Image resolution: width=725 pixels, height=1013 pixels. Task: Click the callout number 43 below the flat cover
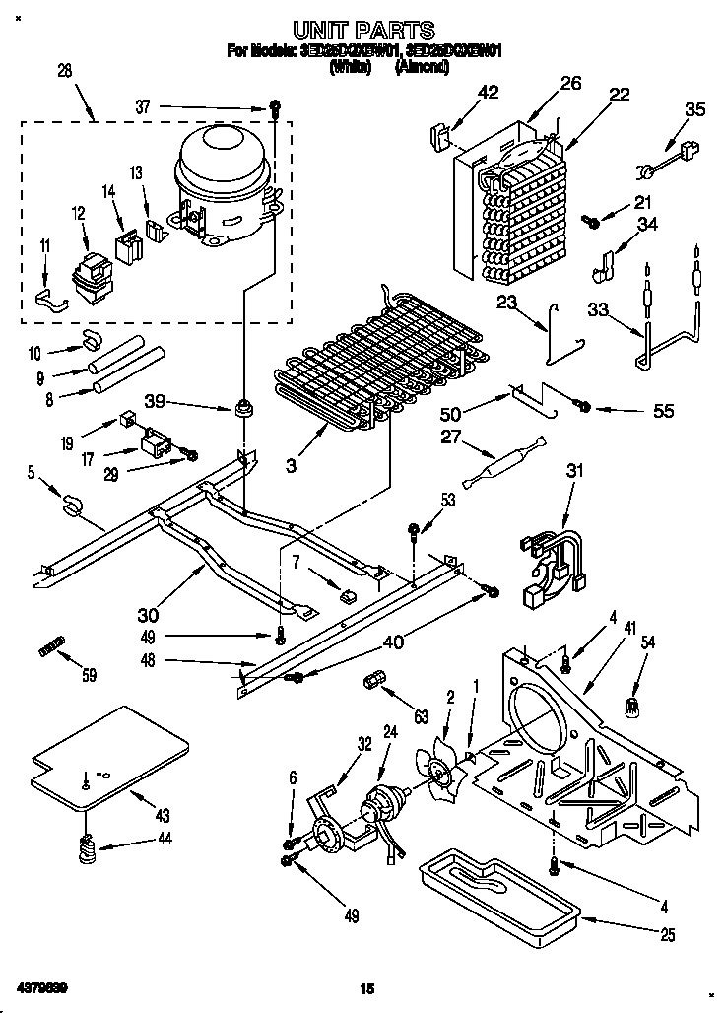[162, 816]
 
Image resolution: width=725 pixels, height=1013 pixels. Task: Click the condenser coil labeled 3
[345, 365]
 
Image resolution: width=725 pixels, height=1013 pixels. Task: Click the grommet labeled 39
[240, 406]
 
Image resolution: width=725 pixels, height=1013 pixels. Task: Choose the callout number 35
[694, 110]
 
